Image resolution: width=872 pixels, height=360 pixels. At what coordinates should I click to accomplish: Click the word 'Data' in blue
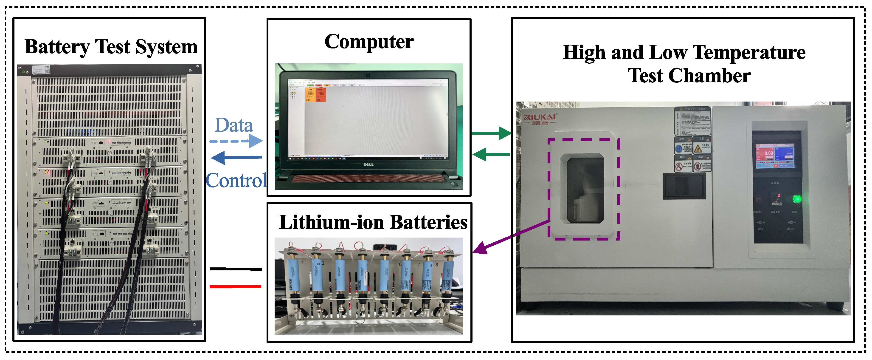tap(233, 125)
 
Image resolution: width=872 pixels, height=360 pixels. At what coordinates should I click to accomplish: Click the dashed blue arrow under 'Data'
tap(236, 141)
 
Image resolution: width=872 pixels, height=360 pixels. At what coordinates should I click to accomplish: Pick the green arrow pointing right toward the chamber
tap(491, 133)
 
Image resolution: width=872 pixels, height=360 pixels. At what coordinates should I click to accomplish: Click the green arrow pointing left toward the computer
tap(491, 154)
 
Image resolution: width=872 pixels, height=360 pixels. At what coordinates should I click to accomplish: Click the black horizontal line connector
tap(236, 269)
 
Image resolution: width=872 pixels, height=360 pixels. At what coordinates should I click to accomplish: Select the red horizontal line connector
tap(235, 286)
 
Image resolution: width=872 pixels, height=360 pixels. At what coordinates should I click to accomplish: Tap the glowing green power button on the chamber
tap(797, 199)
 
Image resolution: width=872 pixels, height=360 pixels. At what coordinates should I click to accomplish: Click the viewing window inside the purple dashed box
tap(585, 190)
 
